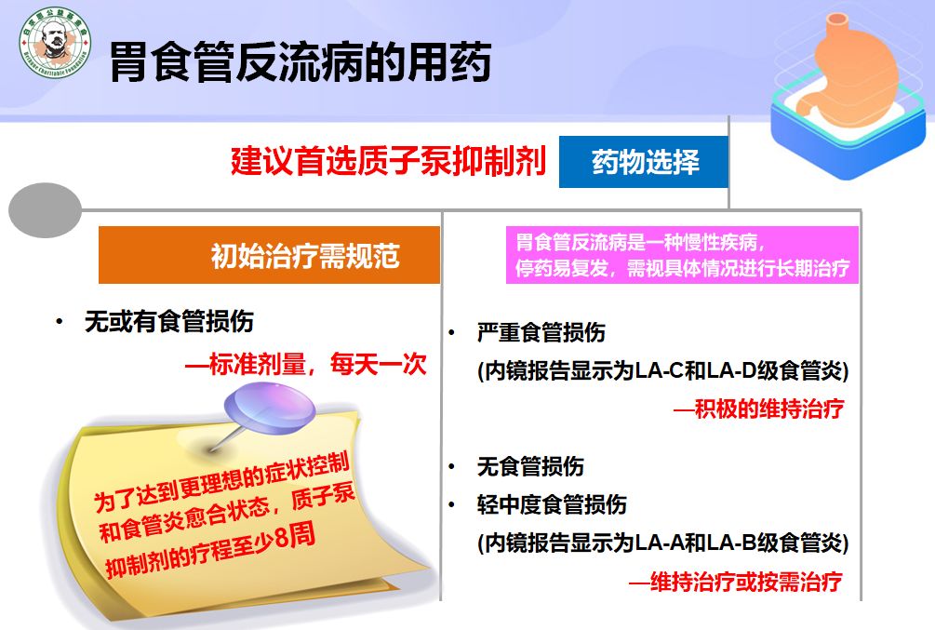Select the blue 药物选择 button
pyautogui.click(x=644, y=163)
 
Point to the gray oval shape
pyautogui.click(x=45, y=209)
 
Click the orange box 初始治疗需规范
pyautogui.click(x=269, y=255)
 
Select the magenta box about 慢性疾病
pyautogui.click(x=682, y=256)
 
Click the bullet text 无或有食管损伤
pyautogui.click(x=168, y=322)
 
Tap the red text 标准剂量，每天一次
pyautogui.click(x=305, y=364)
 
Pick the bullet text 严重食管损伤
pyautogui.click(x=541, y=333)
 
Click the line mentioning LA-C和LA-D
pyautogui.click(x=662, y=370)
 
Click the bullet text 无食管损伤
pyautogui.click(x=530, y=466)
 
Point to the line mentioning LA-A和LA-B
pyautogui.click(x=662, y=543)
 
